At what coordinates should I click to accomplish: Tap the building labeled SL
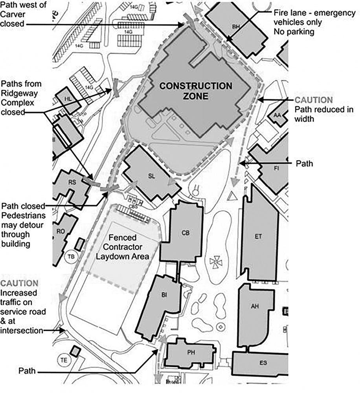(152, 176)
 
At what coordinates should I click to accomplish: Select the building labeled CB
(186, 233)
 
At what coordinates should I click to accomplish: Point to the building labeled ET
(258, 236)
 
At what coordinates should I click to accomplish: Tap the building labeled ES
(263, 363)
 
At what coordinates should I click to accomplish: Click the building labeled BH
(236, 27)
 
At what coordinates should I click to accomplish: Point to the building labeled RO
(61, 231)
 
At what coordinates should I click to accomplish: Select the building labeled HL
(67, 99)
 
